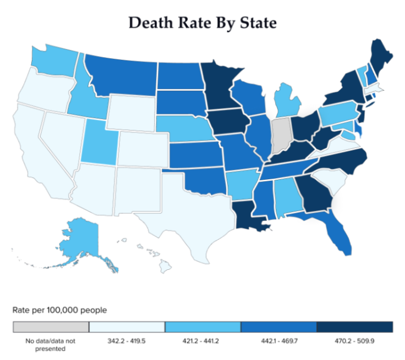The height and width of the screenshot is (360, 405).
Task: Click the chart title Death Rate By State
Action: point(202,23)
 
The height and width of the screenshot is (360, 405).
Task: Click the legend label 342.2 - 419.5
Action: point(127,341)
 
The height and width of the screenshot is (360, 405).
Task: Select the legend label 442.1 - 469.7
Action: point(278,341)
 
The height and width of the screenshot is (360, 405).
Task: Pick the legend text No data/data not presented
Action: point(51,344)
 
